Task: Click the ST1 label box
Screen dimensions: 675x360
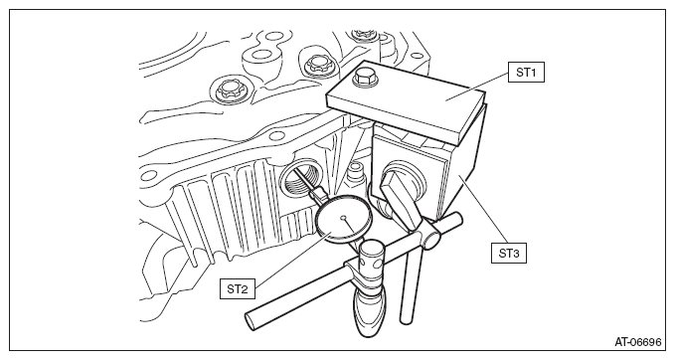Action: (526, 73)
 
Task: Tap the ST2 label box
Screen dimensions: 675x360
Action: (238, 288)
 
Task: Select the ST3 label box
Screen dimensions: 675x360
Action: (509, 253)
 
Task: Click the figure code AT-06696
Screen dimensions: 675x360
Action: (637, 342)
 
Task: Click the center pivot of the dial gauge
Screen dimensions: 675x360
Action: (343, 219)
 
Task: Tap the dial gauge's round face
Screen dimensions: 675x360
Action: (343, 220)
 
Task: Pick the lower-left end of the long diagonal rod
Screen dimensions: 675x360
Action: (251, 320)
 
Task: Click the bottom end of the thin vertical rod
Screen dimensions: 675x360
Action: (405, 320)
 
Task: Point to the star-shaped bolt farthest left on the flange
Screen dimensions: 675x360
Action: (226, 90)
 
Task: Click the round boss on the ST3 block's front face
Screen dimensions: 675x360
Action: (401, 181)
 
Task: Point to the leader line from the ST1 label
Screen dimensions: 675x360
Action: (477, 87)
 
